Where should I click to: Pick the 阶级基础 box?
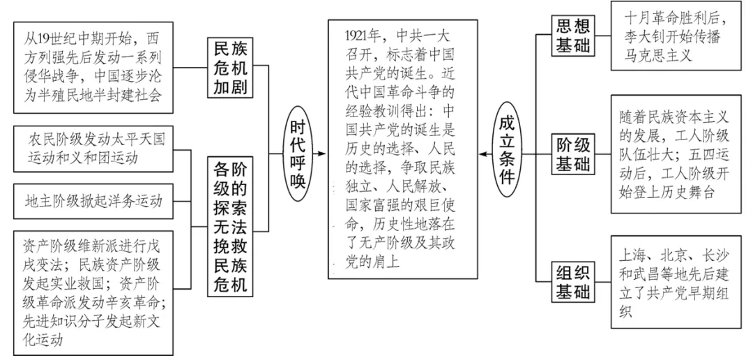point(572,155)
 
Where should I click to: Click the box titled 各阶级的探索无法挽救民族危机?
point(231,226)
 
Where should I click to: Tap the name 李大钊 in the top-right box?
point(641,37)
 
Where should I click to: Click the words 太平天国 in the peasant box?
point(146,139)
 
